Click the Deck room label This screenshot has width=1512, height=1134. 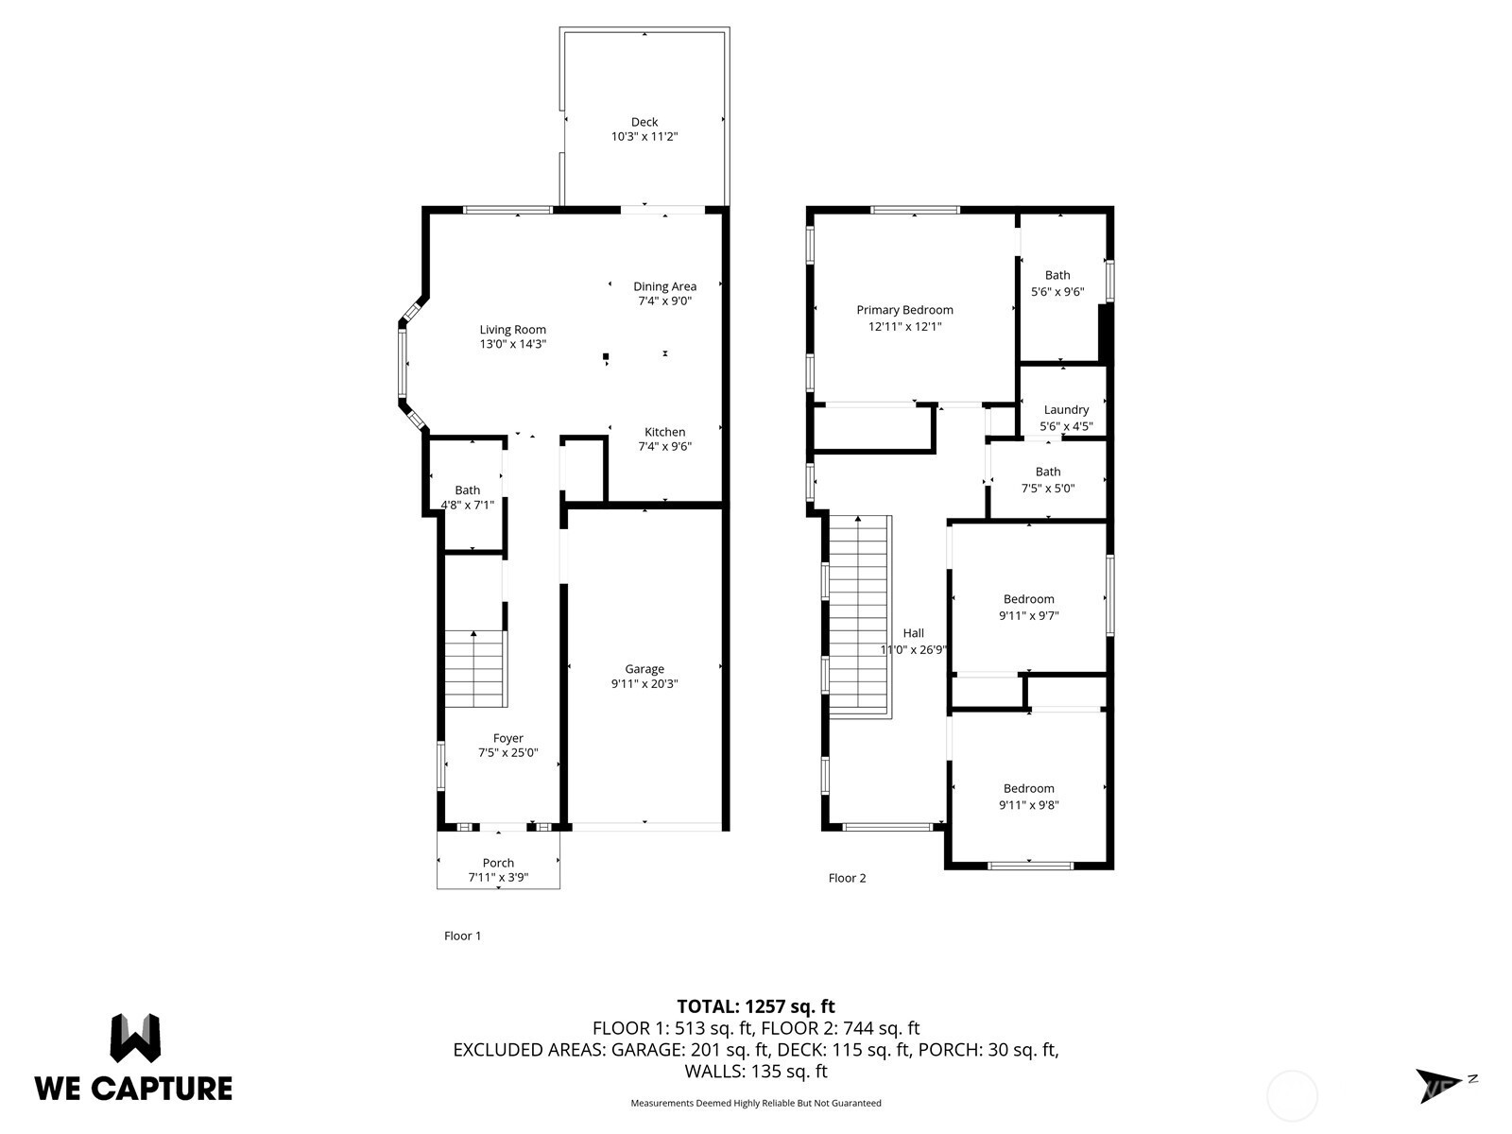[x=644, y=122]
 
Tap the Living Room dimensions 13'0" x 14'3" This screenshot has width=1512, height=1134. [x=512, y=344]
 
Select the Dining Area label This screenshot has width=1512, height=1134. [x=664, y=286]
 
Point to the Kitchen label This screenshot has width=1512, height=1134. [x=664, y=432]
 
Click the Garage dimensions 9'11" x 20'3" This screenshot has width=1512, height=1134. [x=644, y=683]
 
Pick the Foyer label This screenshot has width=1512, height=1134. [x=508, y=738]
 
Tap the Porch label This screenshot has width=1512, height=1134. [x=498, y=863]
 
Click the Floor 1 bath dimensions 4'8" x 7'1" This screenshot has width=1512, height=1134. [x=467, y=505]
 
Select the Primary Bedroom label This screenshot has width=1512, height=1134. [x=904, y=310]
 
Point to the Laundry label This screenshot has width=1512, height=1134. [x=1066, y=410]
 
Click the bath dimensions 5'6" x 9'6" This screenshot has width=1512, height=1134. [x=1057, y=291]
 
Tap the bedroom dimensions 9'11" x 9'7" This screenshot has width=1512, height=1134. [x=1028, y=615]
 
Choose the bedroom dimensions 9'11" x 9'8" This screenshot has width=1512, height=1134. [x=1028, y=805]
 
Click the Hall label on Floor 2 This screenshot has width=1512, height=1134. [x=914, y=633]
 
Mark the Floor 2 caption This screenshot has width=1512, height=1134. [x=847, y=878]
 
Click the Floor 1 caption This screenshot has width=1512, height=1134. [x=462, y=936]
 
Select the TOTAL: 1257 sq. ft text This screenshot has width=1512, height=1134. [x=756, y=1006]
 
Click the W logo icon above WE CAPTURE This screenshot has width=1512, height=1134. [x=135, y=1039]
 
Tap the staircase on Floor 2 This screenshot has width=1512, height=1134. [x=860, y=617]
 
